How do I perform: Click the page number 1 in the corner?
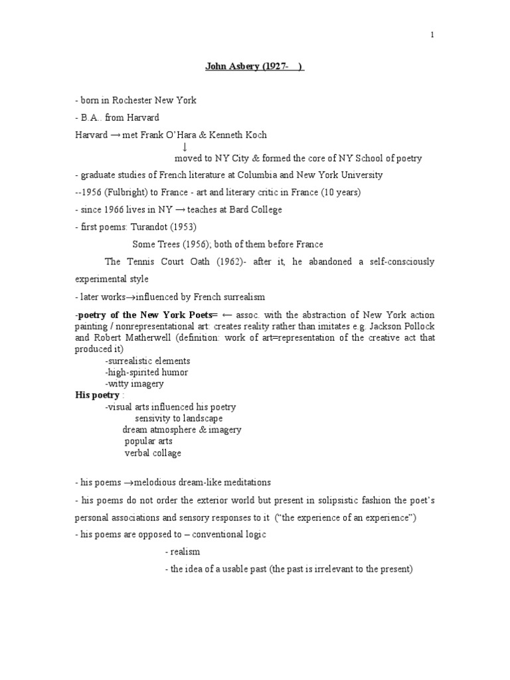point(432,35)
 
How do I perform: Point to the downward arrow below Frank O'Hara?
point(184,146)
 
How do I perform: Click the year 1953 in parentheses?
point(185,227)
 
